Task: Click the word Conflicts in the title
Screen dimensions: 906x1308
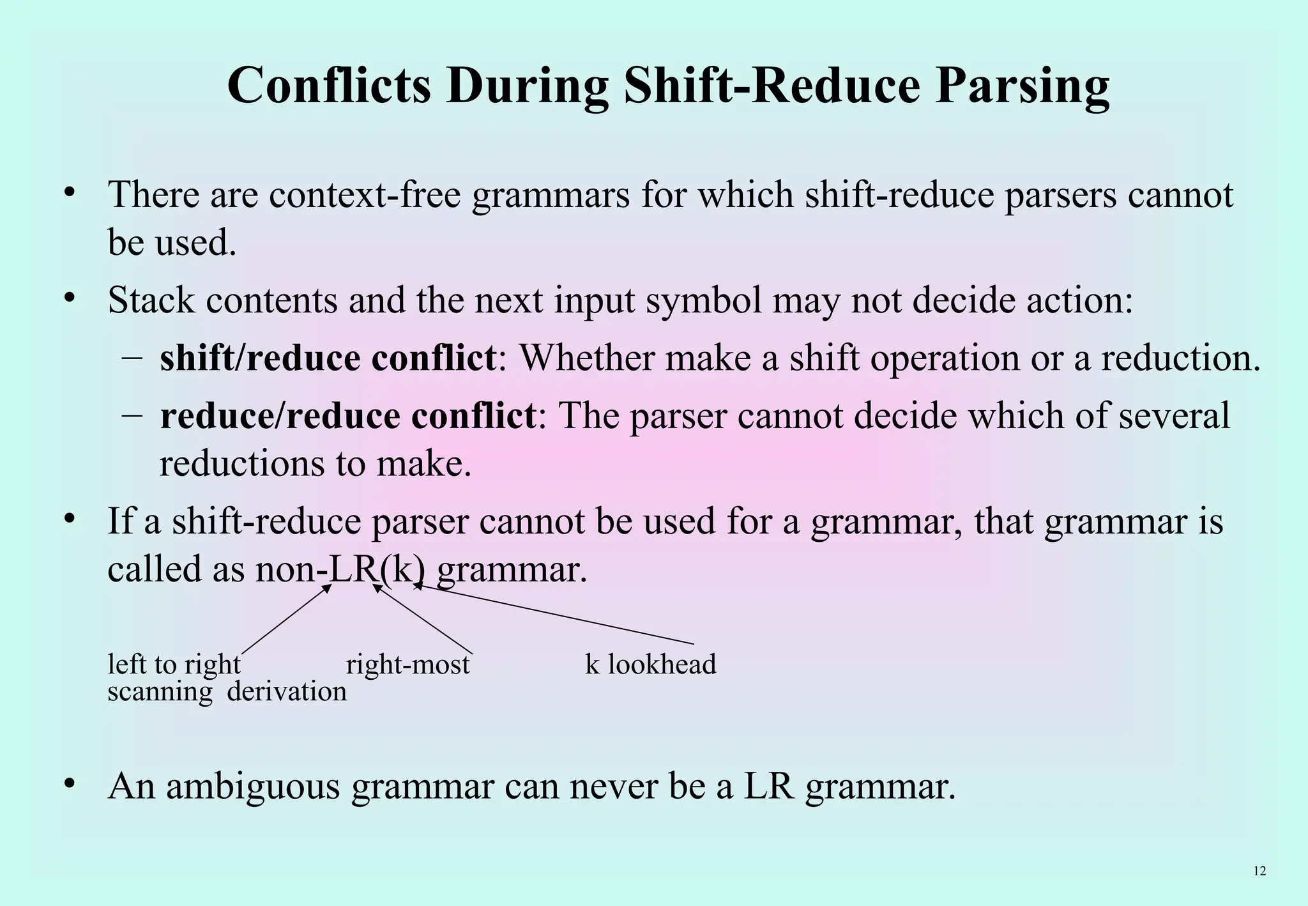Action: pyautogui.click(x=329, y=86)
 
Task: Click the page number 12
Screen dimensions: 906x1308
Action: pyautogui.click(x=1259, y=871)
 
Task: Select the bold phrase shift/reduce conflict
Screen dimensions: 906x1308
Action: pyautogui.click(x=328, y=358)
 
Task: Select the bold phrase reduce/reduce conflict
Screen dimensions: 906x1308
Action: pyautogui.click(x=347, y=416)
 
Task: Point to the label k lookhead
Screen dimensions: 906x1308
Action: pyautogui.click(x=650, y=664)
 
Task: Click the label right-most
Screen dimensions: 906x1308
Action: pyautogui.click(x=407, y=664)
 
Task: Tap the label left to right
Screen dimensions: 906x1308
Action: pyautogui.click(x=174, y=664)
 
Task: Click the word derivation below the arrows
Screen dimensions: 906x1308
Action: pyautogui.click(x=287, y=692)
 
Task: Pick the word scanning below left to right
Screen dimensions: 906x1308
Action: pyautogui.click(x=160, y=692)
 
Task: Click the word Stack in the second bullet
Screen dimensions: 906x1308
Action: pyautogui.click(x=151, y=300)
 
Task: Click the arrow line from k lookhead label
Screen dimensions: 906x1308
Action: pyautogui.click(x=556, y=614)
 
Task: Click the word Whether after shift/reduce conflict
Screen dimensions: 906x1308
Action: pyautogui.click(x=586, y=358)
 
